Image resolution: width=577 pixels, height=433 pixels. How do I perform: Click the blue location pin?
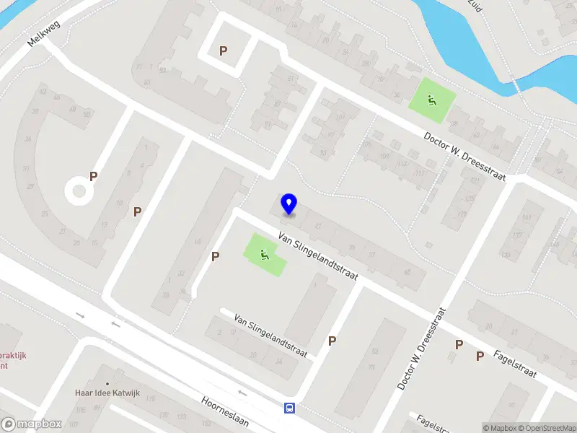289,204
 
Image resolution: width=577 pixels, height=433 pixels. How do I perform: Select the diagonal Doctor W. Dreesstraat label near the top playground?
464,157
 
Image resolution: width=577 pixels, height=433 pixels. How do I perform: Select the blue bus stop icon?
289,408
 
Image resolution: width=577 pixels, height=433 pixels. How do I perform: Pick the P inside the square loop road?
224,51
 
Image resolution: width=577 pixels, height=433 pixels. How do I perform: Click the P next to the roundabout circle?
93,176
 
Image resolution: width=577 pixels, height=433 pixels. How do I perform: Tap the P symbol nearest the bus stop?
332,341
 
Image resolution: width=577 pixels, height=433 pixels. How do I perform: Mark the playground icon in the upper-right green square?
432,100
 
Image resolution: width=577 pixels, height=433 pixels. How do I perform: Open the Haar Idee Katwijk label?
107,393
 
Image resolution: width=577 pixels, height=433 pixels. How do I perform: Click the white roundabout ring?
79,192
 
